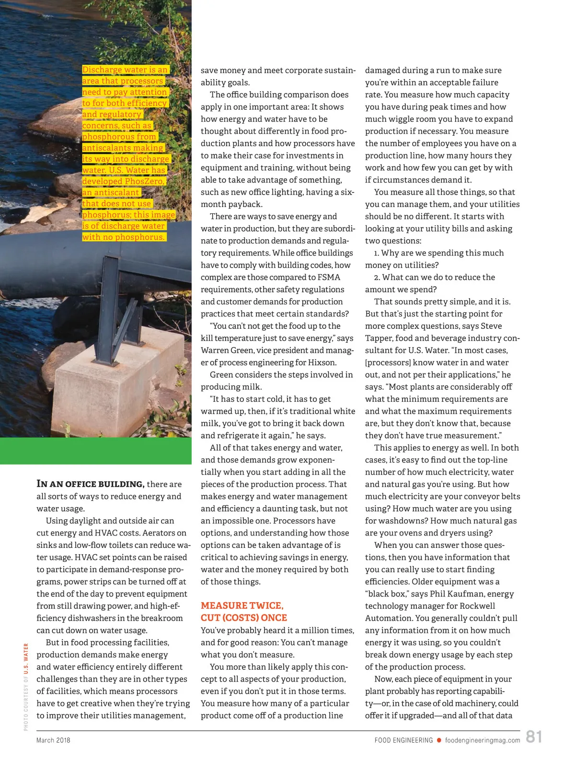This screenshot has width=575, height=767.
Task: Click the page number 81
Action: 534,737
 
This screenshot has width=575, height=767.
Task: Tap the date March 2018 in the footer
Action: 53,740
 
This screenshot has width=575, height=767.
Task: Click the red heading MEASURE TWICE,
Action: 242,605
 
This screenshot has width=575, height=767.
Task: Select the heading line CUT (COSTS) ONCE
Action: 244,618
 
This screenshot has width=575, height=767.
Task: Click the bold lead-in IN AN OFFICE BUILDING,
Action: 91,484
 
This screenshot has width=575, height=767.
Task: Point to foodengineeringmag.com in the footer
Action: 483,740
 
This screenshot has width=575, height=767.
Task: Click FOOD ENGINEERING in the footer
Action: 403,740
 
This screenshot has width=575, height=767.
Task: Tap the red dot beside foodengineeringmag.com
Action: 439,740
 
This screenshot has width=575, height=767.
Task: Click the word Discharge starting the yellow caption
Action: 102,70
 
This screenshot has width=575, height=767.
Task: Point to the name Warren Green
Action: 228,350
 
